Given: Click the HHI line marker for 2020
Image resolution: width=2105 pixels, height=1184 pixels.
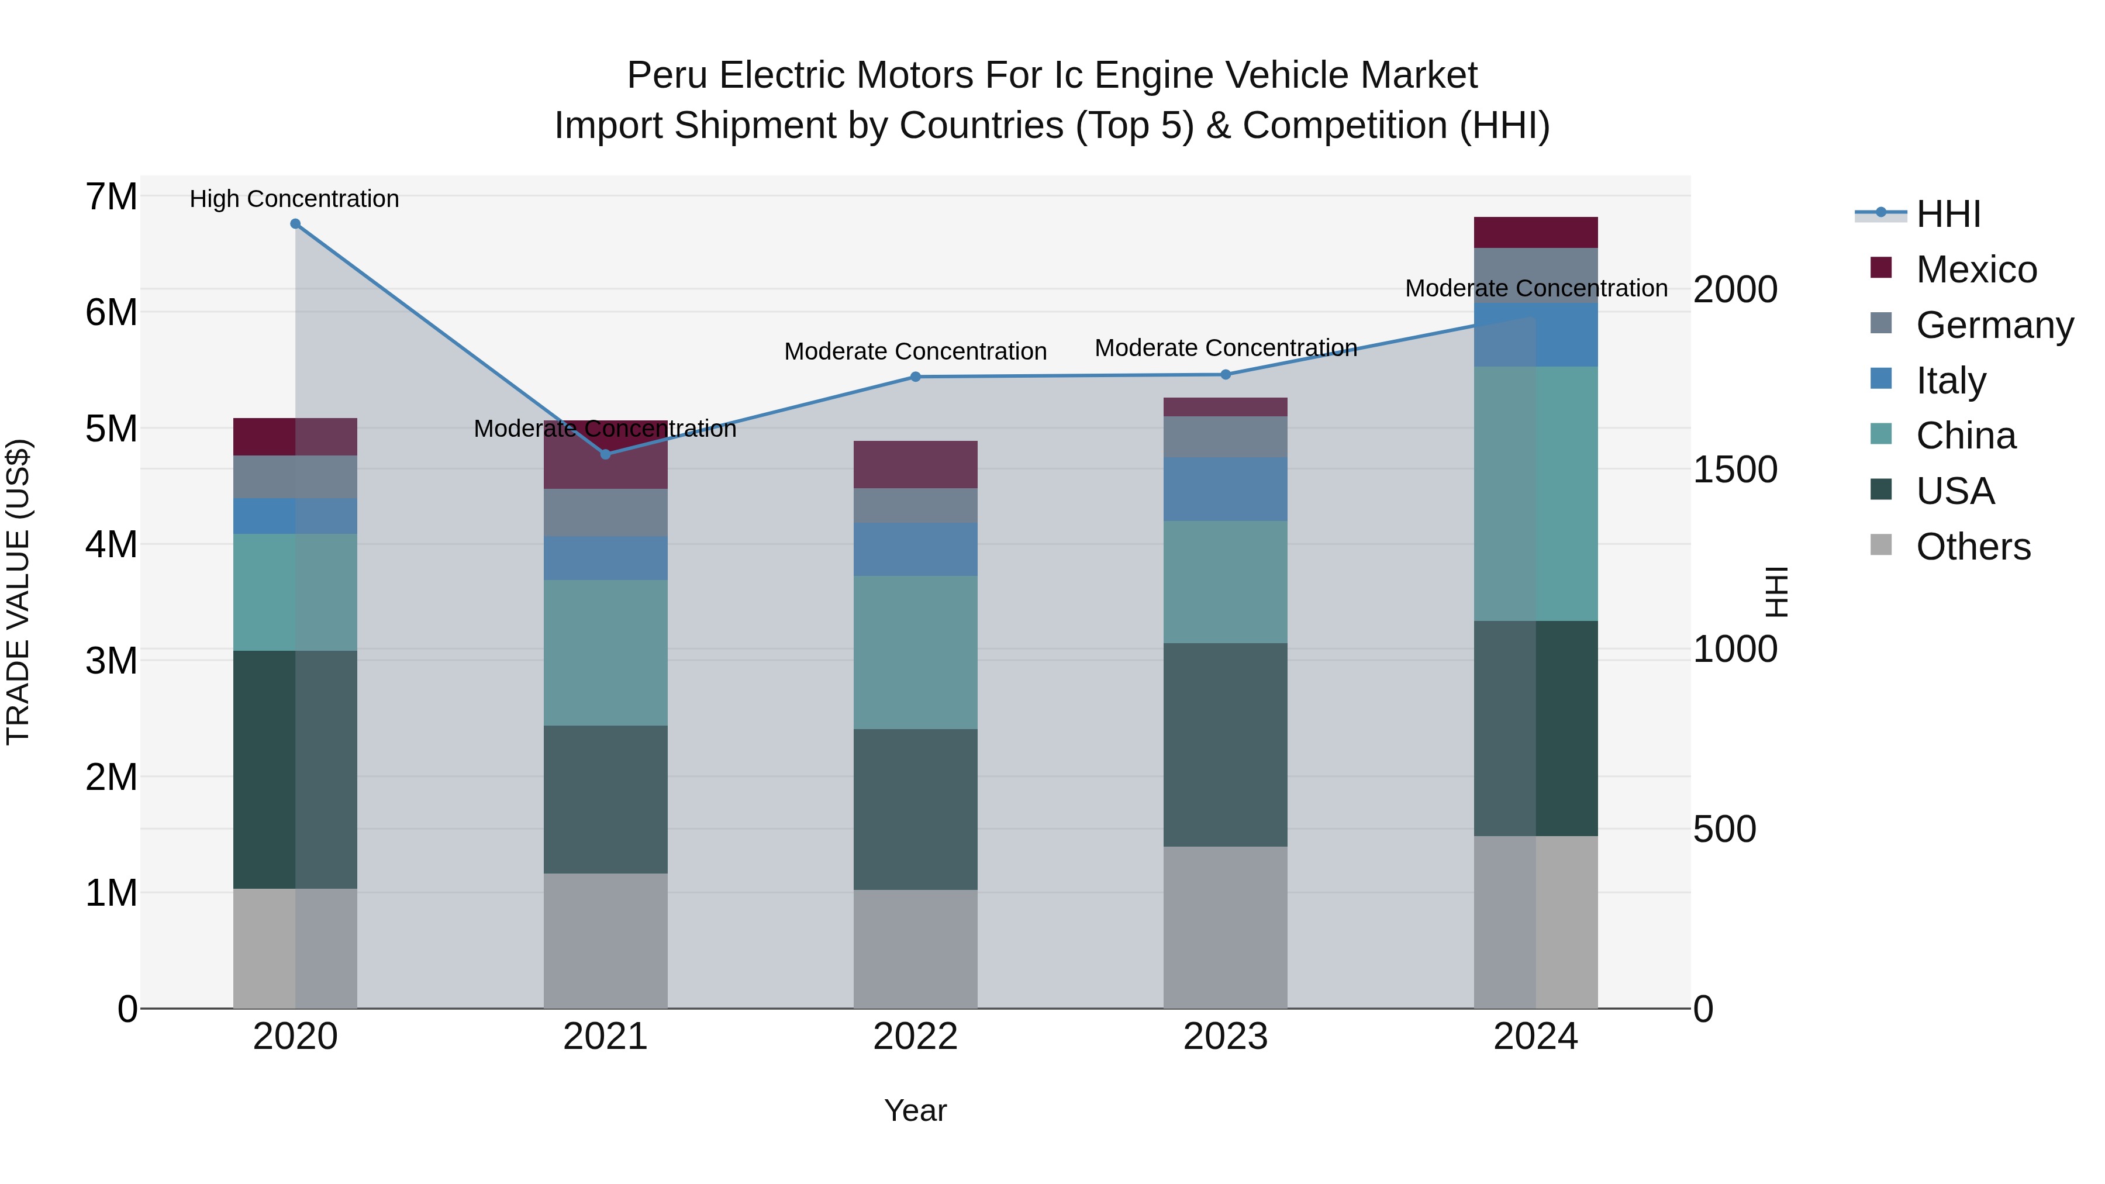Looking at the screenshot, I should [x=295, y=224].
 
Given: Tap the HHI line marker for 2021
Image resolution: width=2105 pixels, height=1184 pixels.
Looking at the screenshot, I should [x=606, y=454].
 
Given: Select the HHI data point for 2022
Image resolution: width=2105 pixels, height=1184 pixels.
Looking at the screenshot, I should [x=915, y=377].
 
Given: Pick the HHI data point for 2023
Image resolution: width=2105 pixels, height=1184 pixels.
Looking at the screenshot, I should [x=1226, y=374].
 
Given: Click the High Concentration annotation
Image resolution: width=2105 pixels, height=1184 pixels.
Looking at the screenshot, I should [x=294, y=199].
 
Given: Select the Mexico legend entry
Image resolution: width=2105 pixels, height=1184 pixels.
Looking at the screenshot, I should [x=1976, y=270].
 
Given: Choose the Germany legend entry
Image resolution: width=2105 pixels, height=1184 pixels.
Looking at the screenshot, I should [x=1994, y=325].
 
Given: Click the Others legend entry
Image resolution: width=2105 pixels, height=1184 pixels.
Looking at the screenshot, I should [x=1973, y=547].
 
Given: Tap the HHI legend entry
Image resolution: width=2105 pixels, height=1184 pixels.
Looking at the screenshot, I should [x=1948, y=214].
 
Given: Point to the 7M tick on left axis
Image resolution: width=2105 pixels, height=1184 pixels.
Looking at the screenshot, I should [x=111, y=197].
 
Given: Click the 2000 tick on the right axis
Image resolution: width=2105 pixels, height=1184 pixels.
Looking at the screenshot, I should [x=1735, y=289].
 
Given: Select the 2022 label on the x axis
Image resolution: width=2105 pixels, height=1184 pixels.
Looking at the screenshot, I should [x=915, y=1037].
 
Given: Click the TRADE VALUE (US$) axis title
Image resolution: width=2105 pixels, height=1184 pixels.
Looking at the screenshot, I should [x=18, y=592].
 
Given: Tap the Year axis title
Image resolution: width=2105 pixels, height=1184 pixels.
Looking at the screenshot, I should [x=915, y=1110].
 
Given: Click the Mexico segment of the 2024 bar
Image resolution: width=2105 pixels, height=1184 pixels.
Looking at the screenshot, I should [x=1535, y=232].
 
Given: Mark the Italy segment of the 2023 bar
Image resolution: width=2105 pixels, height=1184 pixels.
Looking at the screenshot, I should [x=1226, y=489].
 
